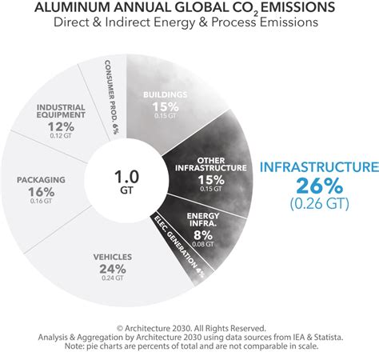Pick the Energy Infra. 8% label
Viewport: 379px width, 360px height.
pyautogui.click(x=203, y=225)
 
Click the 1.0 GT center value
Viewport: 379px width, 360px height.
pyautogui.click(x=126, y=181)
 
